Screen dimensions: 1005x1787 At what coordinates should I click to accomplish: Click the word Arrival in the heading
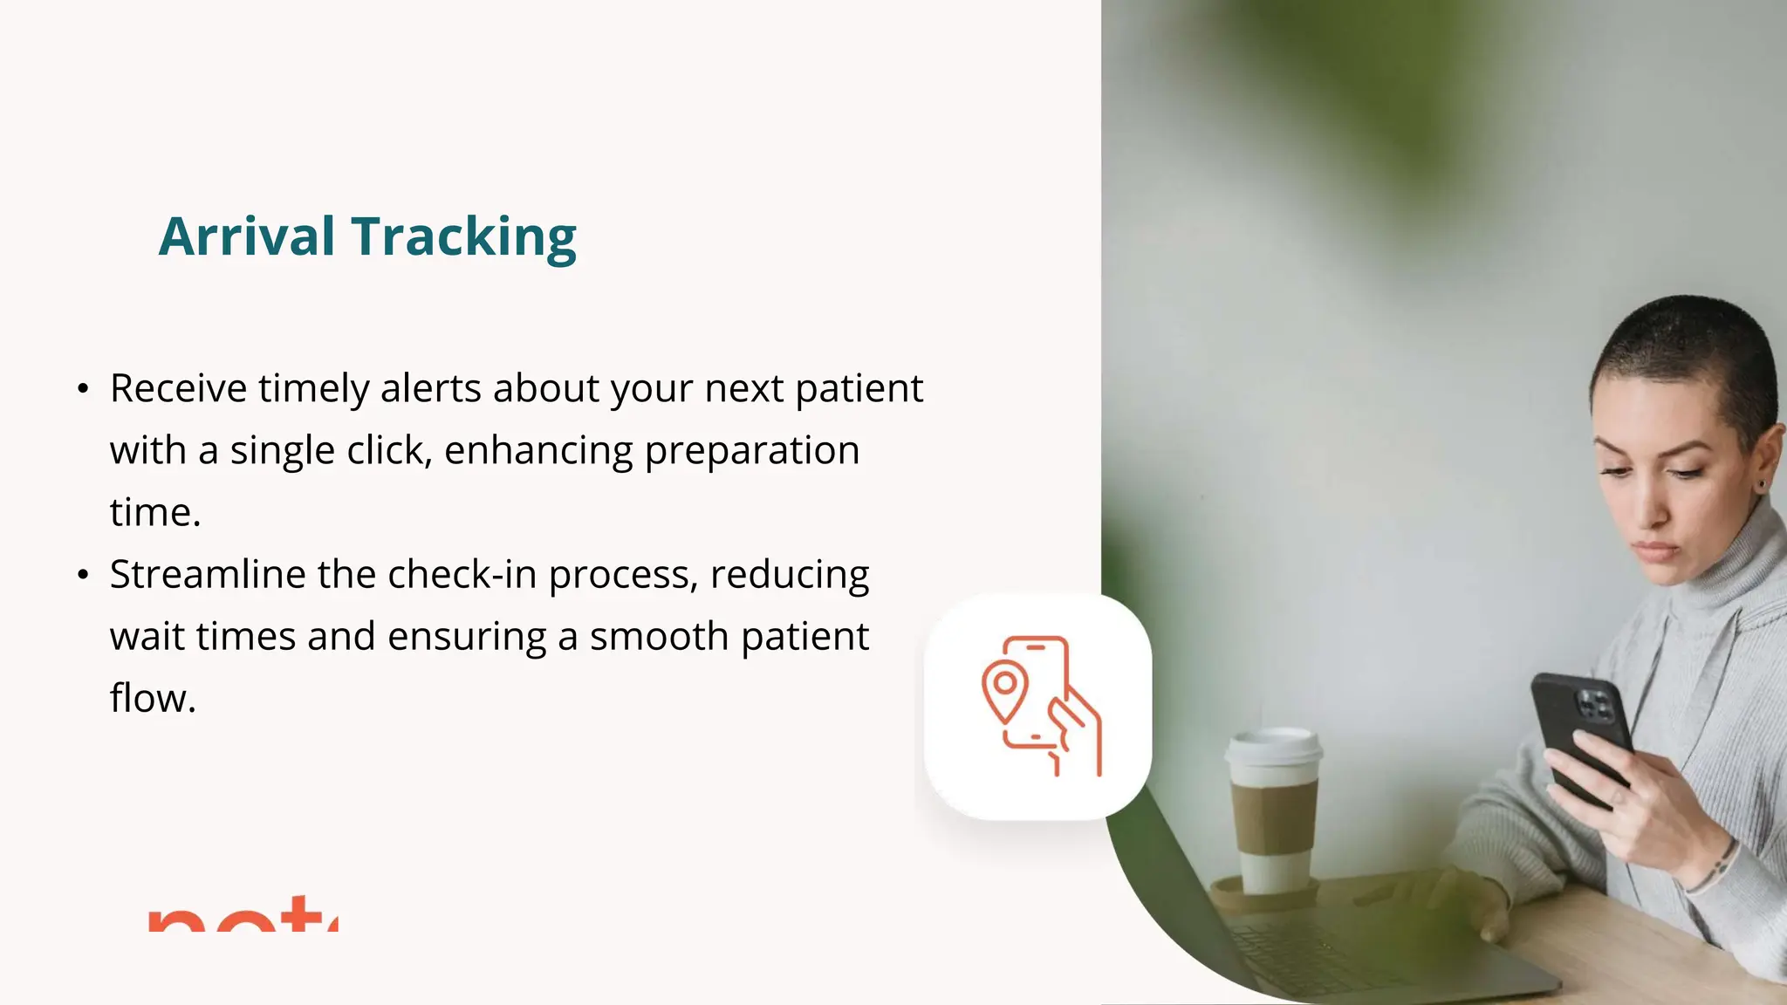point(247,236)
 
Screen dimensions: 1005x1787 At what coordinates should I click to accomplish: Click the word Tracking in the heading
point(463,236)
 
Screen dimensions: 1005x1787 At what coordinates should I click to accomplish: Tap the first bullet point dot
point(83,388)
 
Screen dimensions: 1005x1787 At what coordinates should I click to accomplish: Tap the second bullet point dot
point(83,575)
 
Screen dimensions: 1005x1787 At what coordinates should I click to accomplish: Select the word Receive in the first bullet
point(178,388)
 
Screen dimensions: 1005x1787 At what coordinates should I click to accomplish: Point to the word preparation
point(752,451)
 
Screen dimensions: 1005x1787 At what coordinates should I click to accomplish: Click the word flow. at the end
point(153,699)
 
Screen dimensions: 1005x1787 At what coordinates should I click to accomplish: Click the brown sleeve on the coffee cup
point(1274,817)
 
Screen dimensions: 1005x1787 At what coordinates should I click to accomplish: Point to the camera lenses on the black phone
point(1596,705)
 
